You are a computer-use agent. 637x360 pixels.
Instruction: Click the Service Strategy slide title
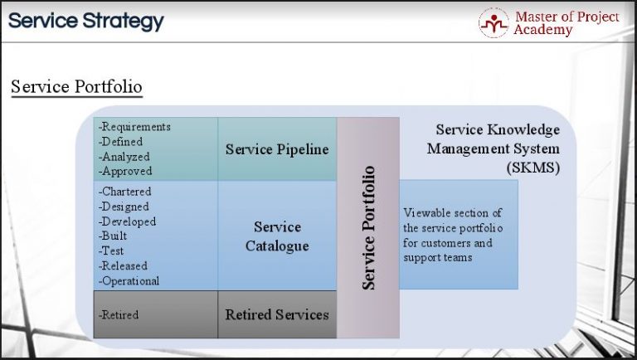point(86,21)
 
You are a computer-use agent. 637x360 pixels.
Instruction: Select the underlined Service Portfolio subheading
point(76,87)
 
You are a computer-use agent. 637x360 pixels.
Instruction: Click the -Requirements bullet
point(134,127)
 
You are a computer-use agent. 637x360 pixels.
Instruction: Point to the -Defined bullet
point(121,142)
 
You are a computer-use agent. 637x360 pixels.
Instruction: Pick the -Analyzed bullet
point(124,156)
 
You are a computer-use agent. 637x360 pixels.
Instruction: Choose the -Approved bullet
point(125,171)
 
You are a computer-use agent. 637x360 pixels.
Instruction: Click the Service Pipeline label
point(277,149)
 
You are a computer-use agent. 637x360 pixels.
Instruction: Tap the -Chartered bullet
point(125,192)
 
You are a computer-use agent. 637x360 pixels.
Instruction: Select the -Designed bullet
point(124,207)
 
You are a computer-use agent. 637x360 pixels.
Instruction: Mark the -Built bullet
point(114,236)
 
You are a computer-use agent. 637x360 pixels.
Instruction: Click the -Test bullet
point(112,251)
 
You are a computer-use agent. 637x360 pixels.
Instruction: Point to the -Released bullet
point(124,266)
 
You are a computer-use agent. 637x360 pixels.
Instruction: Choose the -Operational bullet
point(129,281)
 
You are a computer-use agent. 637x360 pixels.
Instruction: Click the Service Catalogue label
point(277,236)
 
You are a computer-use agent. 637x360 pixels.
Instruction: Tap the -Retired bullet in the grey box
point(119,315)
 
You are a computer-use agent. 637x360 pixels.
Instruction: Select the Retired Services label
point(277,314)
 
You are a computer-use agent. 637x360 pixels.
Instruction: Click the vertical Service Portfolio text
point(368,227)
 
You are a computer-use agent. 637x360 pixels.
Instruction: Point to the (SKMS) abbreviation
point(532,167)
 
